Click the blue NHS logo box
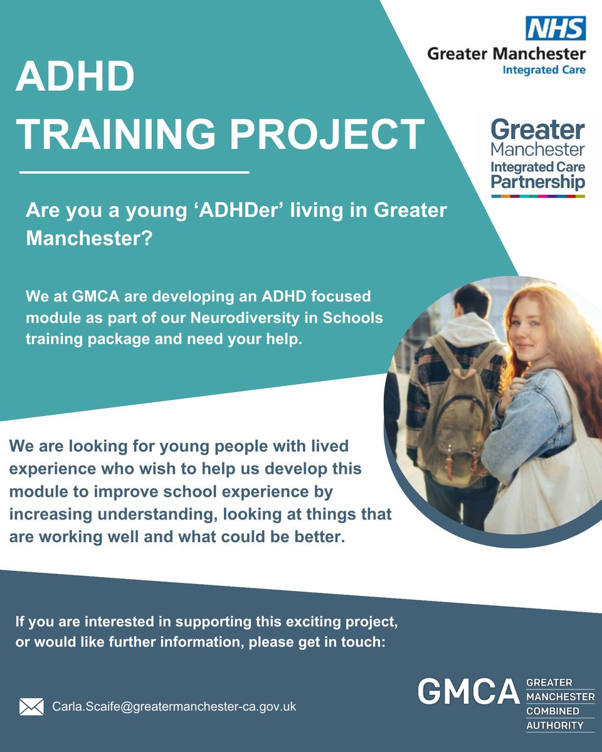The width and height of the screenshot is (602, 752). tap(556, 28)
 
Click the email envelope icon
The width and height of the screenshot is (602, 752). tap(31, 707)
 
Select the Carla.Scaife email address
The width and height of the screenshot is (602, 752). tap(174, 706)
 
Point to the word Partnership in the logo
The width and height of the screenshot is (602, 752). tap(537, 182)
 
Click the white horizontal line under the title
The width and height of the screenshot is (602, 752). tap(134, 171)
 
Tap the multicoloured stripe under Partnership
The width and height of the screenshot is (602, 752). tap(537, 196)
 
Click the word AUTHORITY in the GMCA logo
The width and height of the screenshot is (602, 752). tap(554, 726)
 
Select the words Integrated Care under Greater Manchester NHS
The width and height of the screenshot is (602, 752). tap(544, 70)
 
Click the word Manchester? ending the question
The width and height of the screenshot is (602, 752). tap(88, 239)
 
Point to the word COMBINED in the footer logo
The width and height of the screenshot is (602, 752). tap(552, 711)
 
